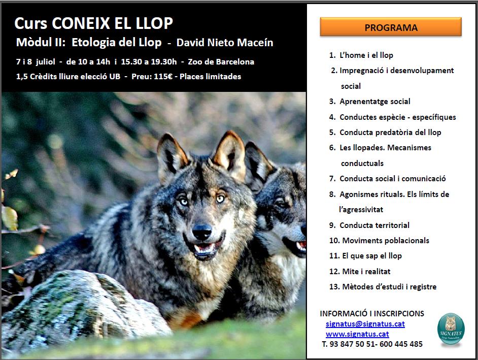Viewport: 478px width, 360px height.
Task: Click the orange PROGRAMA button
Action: click(x=391, y=27)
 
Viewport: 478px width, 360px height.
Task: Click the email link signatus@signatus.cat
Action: click(x=365, y=324)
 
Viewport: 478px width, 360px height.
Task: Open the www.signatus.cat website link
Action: click(x=357, y=334)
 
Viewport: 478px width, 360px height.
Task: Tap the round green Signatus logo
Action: click(x=450, y=330)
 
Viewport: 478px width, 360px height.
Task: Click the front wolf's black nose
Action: click(x=201, y=233)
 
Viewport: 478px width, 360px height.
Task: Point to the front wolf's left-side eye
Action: click(x=183, y=201)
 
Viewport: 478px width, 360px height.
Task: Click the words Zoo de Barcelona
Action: click(x=221, y=62)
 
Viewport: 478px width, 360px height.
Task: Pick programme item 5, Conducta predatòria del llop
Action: click(x=385, y=133)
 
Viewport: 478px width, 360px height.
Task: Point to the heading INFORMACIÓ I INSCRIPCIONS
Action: click(x=372, y=314)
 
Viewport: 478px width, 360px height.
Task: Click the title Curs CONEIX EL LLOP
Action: click(x=94, y=23)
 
